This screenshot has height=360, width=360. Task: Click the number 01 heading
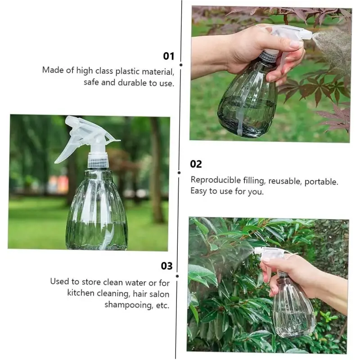tap(168, 56)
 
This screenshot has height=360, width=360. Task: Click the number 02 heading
tap(196, 164)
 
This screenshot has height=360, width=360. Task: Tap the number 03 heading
tap(166, 266)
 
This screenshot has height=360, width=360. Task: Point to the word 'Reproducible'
tap(216, 180)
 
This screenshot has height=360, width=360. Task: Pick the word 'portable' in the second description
tap(321, 181)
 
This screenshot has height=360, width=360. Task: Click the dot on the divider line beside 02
tap(179, 172)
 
